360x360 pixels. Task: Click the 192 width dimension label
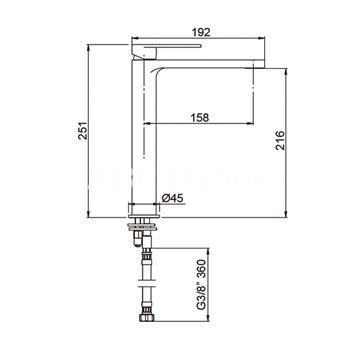point(202,32)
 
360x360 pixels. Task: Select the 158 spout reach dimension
point(200,117)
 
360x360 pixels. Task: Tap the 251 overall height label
point(83,131)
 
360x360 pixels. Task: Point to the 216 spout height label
point(280,140)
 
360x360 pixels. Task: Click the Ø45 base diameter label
point(173,198)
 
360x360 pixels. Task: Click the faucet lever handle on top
point(167,49)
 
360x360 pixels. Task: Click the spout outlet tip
point(254,68)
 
